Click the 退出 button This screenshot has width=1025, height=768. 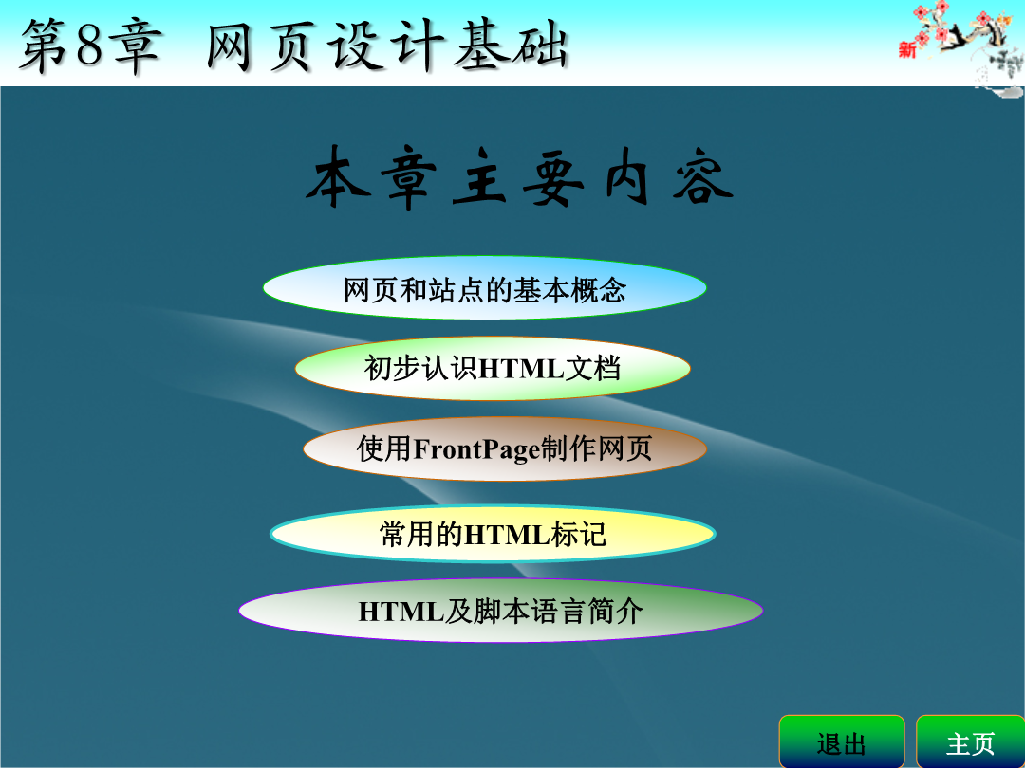pos(841,741)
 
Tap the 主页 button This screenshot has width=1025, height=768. pos(970,741)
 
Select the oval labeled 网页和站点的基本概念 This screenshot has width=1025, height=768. pos(484,288)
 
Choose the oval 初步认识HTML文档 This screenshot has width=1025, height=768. pos(493,368)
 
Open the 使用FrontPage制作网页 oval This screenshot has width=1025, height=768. pos(505,448)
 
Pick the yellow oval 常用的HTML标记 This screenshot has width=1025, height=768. pos(493,534)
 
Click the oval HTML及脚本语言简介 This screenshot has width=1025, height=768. pos(501,612)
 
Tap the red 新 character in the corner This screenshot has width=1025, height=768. pos(906,49)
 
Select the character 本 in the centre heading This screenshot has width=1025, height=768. pos(337,177)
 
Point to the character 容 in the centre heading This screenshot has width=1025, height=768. pos(702,177)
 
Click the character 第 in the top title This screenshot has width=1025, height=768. pos(43,46)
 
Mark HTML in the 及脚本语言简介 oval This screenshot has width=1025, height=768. pos(401,612)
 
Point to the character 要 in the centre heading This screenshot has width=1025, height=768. pos(553,177)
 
